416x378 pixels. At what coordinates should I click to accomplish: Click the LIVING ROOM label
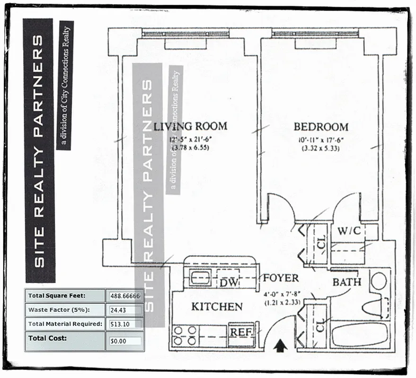pyautogui.click(x=190, y=126)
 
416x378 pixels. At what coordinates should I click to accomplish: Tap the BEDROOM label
pyautogui.click(x=321, y=127)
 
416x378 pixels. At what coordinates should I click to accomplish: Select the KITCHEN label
pyautogui.click(x=217, y=307)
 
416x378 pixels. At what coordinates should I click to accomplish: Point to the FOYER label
pyautogui.click(x=281, y=278)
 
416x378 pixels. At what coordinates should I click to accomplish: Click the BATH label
pyautogui.click(x=346, y=282)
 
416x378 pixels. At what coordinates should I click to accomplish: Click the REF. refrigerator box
pyautogui.click(x=241, y=332)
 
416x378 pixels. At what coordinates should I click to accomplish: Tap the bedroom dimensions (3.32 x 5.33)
pyautogui.click(x=321, y=148)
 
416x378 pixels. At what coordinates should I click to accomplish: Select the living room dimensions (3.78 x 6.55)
pyautogui.click(x=189, y=148)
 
